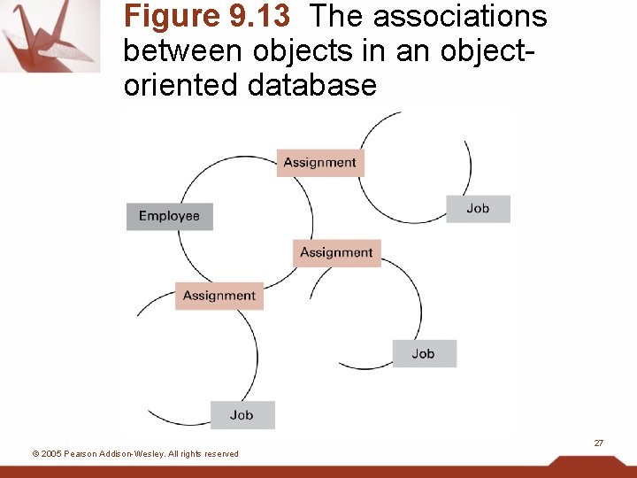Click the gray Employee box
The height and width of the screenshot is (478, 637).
click(x=169, y=216)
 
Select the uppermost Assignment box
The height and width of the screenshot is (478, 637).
click(x=319, y=163)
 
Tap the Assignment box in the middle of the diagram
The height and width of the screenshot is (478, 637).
click(x=336, y=252)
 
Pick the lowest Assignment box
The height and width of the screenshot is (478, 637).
click(x=219, y=296)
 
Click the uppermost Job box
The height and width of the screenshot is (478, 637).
click(x=478, y=209)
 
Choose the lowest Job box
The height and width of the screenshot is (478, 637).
click(x=242, y=414)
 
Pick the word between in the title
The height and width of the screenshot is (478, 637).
click(x=183, y=51)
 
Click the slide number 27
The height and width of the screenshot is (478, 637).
click(x=598, y=442)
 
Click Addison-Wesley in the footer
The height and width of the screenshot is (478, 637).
click(x=133, y=454)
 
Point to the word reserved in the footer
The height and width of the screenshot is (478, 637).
click(x=219, y=454)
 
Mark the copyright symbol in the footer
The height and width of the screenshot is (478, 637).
click(x=35, y=454)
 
